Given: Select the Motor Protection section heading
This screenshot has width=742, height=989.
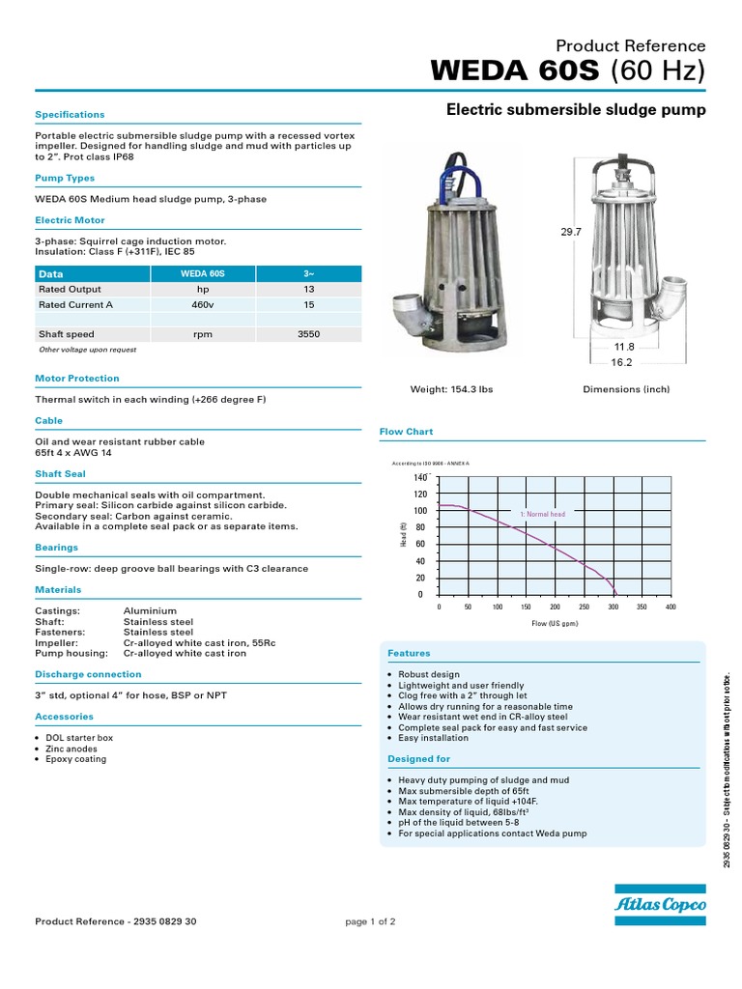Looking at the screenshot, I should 77,379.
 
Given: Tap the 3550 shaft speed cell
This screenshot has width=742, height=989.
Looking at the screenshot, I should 308,334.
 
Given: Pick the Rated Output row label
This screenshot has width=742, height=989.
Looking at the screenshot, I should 70,289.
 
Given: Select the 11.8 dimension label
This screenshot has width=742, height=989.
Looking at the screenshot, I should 623,347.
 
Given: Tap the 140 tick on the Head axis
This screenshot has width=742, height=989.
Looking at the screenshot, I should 419,478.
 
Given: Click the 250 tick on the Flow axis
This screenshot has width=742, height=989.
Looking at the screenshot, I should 584,608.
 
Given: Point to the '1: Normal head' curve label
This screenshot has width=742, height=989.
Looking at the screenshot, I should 542,515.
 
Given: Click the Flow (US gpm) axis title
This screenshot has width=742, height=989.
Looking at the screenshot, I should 555,624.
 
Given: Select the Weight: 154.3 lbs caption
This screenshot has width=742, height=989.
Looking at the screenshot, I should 452,389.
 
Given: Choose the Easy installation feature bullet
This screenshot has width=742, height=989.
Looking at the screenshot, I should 433,738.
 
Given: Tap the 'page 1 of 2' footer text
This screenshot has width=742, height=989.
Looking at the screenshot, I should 370,921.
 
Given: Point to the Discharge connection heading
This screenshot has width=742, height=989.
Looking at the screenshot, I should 88,674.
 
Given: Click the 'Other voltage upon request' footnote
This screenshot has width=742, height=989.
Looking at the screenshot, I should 87,350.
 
